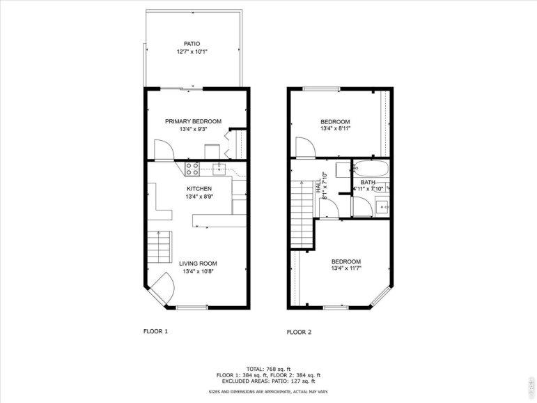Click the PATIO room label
point(192,44)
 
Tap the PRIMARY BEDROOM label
point(193,121)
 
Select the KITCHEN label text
point(199,189)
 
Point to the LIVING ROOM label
point(199,264)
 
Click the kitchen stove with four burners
point(192,169)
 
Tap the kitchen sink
point(219,169)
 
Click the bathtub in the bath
point(371,169)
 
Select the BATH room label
point(368,183)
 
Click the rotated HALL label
point(318,185)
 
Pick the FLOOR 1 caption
point(155,331)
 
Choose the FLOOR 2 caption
point(299,332)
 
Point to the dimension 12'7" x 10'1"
point(192,52)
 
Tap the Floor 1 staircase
point(159,247)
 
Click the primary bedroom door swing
point(164,149)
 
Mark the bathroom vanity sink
point(382,207)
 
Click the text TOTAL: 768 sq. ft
point(269,370)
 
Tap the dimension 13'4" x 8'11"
point(335,129)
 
